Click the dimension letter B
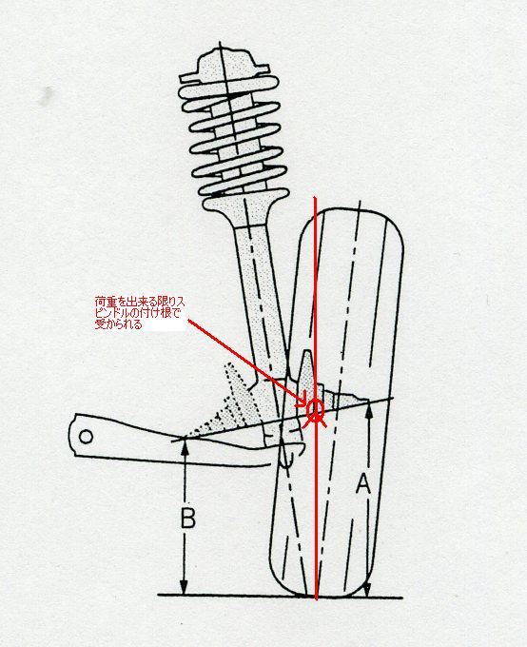pyautogui.click(x=188, y=518)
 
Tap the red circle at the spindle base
pyautogui.click(x=315, y=409)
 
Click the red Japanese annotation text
pyautogui.click(x=140, y=313)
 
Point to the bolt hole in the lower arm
pyautogui.click(x=86, y=437)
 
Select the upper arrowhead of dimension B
pyautogui.click(x=185, y=446)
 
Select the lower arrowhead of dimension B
pyautogui.click(x=185, y=587)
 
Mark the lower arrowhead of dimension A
pyautogui.click(x=367, y=589)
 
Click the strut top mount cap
pyautogui.click(x=224, y=65)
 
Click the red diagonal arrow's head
pyautogui.click(x=303, y=402)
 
